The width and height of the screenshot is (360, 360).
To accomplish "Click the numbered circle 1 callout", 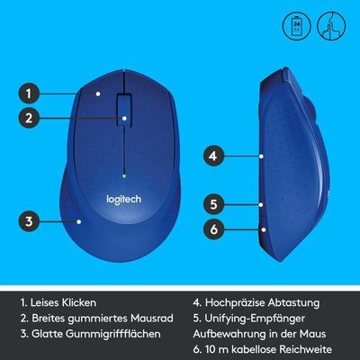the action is (x=29, y=94).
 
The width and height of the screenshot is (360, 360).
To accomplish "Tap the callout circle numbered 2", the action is (x=29, y=118).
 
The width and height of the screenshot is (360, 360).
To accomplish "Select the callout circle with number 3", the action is (x=29, y=221).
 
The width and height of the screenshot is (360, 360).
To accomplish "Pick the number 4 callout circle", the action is (x=213, y=156).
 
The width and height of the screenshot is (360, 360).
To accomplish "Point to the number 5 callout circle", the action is (x=213, y=204).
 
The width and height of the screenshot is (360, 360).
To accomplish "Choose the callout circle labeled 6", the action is (x=213, y=229).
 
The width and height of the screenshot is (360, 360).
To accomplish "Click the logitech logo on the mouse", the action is (x=124, y=200).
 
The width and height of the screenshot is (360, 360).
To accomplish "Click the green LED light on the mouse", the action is (x=124, y=175).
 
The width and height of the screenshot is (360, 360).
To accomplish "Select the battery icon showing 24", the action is (x=296, y=26).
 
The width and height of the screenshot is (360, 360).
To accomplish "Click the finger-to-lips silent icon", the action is (x=331, y=26).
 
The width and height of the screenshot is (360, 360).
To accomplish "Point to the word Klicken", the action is (x=79, y=302).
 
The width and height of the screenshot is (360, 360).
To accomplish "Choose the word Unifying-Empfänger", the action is (x=255, y=319).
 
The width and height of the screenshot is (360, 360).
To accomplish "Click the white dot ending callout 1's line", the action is (x=98, y=94).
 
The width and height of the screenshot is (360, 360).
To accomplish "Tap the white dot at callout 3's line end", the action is (x=79, y=221).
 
